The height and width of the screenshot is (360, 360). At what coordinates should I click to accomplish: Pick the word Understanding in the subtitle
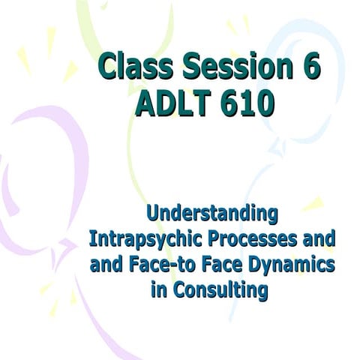(x=211, y=214)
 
